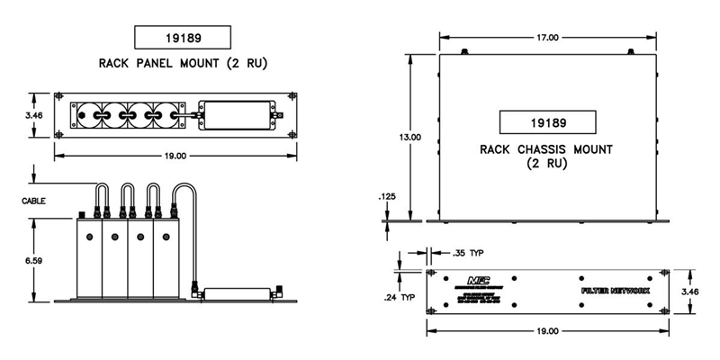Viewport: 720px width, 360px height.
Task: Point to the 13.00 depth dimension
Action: point(409,137)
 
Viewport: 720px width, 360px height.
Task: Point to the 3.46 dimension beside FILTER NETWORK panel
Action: point(691,292)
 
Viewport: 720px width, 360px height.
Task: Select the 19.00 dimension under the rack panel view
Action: point(175,156)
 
